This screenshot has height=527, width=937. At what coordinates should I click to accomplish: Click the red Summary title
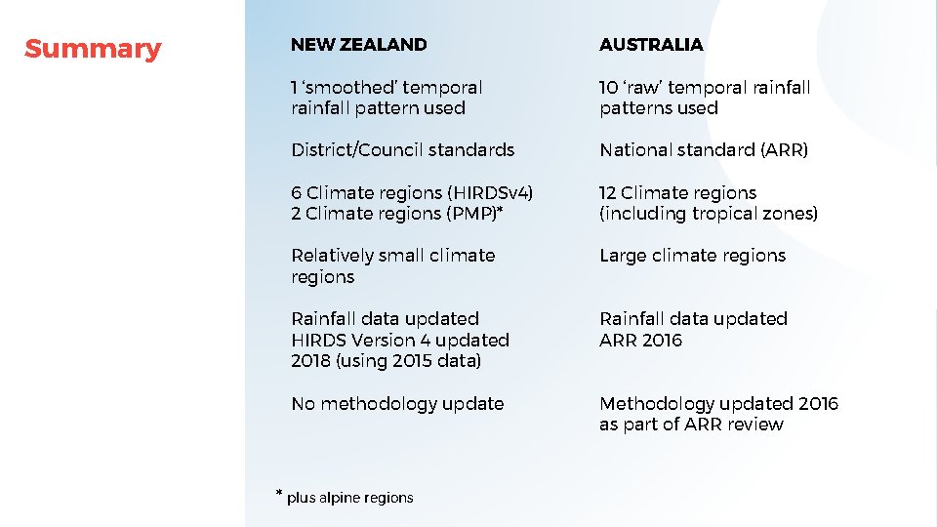point(93,49)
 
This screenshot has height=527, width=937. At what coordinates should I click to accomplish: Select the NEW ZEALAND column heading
point(358,45)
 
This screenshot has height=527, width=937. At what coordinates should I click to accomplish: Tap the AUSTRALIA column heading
point(651,45)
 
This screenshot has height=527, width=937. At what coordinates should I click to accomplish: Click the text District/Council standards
point(402,150)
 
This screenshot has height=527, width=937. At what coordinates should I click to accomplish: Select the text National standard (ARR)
point(704,150)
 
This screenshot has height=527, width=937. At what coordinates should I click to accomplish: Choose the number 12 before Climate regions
point(607,193)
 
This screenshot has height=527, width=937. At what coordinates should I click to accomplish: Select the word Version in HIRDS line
point(382,341)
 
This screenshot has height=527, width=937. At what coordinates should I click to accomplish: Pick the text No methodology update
point(397,404)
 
